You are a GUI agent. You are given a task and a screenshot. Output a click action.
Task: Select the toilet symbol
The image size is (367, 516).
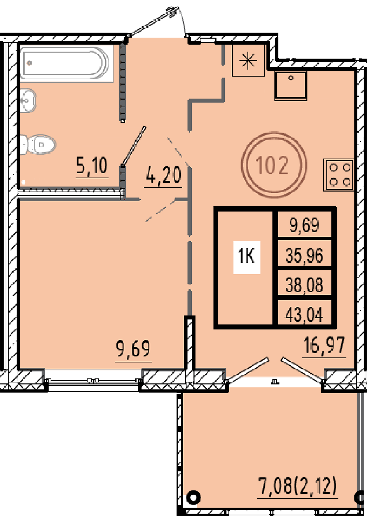(38, 144)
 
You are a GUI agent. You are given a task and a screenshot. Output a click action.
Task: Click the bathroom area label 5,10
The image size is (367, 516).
(92, 165)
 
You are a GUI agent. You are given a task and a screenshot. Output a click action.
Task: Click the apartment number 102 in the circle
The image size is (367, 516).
(272, 165)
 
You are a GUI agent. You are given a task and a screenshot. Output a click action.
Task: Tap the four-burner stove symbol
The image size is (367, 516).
(338, 175)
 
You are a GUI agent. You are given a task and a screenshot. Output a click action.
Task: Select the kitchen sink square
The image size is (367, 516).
(291, 86)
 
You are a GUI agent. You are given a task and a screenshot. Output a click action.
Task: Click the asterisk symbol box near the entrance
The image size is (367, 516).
(248, 60)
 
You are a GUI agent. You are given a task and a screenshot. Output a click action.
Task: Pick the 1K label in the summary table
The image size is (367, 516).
(247, 257)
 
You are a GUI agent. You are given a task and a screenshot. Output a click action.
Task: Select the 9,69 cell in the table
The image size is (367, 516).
(304, 225)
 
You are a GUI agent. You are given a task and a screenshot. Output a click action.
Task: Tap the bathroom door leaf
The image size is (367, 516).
(134, 146)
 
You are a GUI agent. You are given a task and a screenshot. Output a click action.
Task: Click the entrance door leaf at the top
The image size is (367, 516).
(152, 22)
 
